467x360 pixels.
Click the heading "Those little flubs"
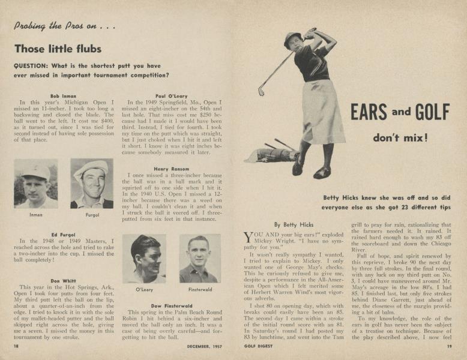(x=58, y=49)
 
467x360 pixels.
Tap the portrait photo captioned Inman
(x=35, y=183)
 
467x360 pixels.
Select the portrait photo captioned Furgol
(x=91, y=183)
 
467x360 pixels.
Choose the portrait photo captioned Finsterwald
(x=200, y=259)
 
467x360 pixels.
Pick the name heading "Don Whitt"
(x=63, y=281)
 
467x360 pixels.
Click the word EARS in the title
(x=370, y=113)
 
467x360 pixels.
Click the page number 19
(x=448, y=346)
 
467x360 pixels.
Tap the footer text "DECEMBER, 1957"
(x=206, y=346)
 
